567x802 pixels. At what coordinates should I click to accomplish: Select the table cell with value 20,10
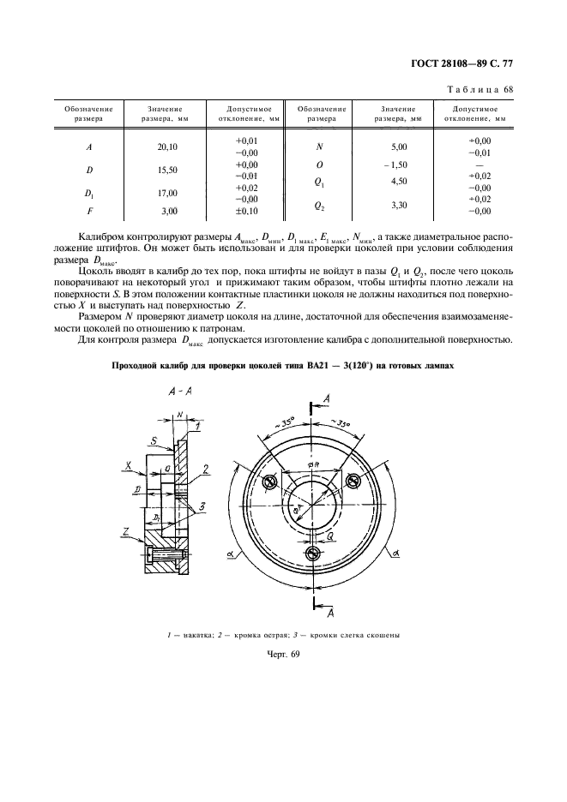(x=167, y=147)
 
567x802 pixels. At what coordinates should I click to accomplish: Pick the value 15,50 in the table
(x=167, y=170)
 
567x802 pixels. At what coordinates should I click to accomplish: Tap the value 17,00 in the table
(x=167, y=193)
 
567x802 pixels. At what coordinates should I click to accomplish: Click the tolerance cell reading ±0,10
(x=246, y=210)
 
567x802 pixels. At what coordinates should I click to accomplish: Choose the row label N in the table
(x=319, y=147)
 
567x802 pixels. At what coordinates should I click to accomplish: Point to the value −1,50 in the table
(x=395, y=164)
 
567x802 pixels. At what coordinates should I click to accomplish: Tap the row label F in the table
(x=89, y=210)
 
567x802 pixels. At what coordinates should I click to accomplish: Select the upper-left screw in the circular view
(x=268, y=482)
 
